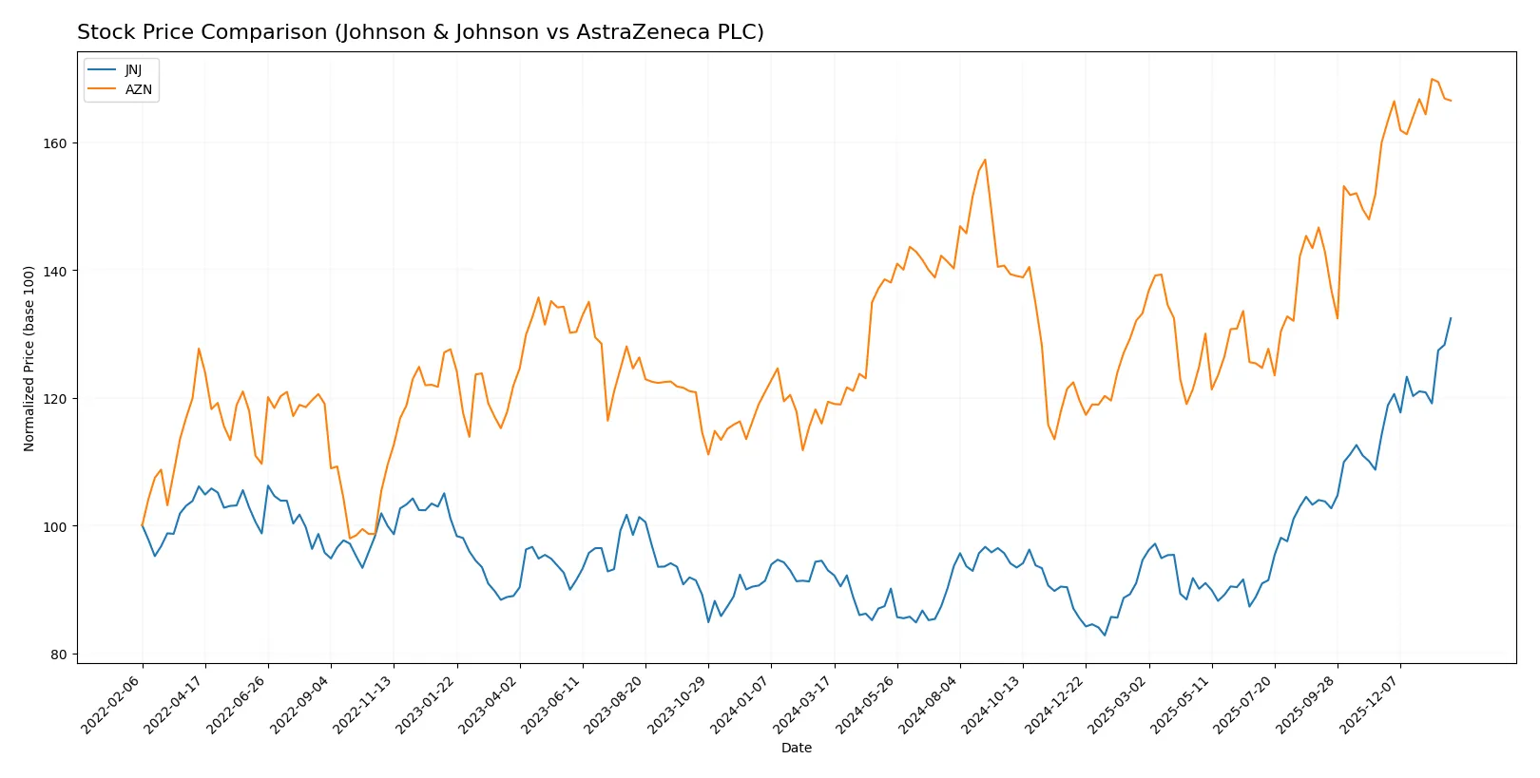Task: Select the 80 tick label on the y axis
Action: pyautogui.click(x=58, y=655)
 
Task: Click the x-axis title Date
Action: pyautogui.click(x=796, y=748)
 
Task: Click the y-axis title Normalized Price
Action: pyautogui.click(x=29, y=358)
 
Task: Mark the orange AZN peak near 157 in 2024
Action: pyautogui.click(x=985, y=160)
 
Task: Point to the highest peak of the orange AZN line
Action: pyautogui.click(x=1432, y=79)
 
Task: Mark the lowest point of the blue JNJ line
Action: pyautogui.click(x=1105, y=636)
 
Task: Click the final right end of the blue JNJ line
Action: pyautogui.click(x=1451, y=318)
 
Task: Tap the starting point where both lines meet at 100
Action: pyautogui.click(x=143, y=525)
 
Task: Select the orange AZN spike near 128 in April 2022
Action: pyautogui.click(x=199, y=349)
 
